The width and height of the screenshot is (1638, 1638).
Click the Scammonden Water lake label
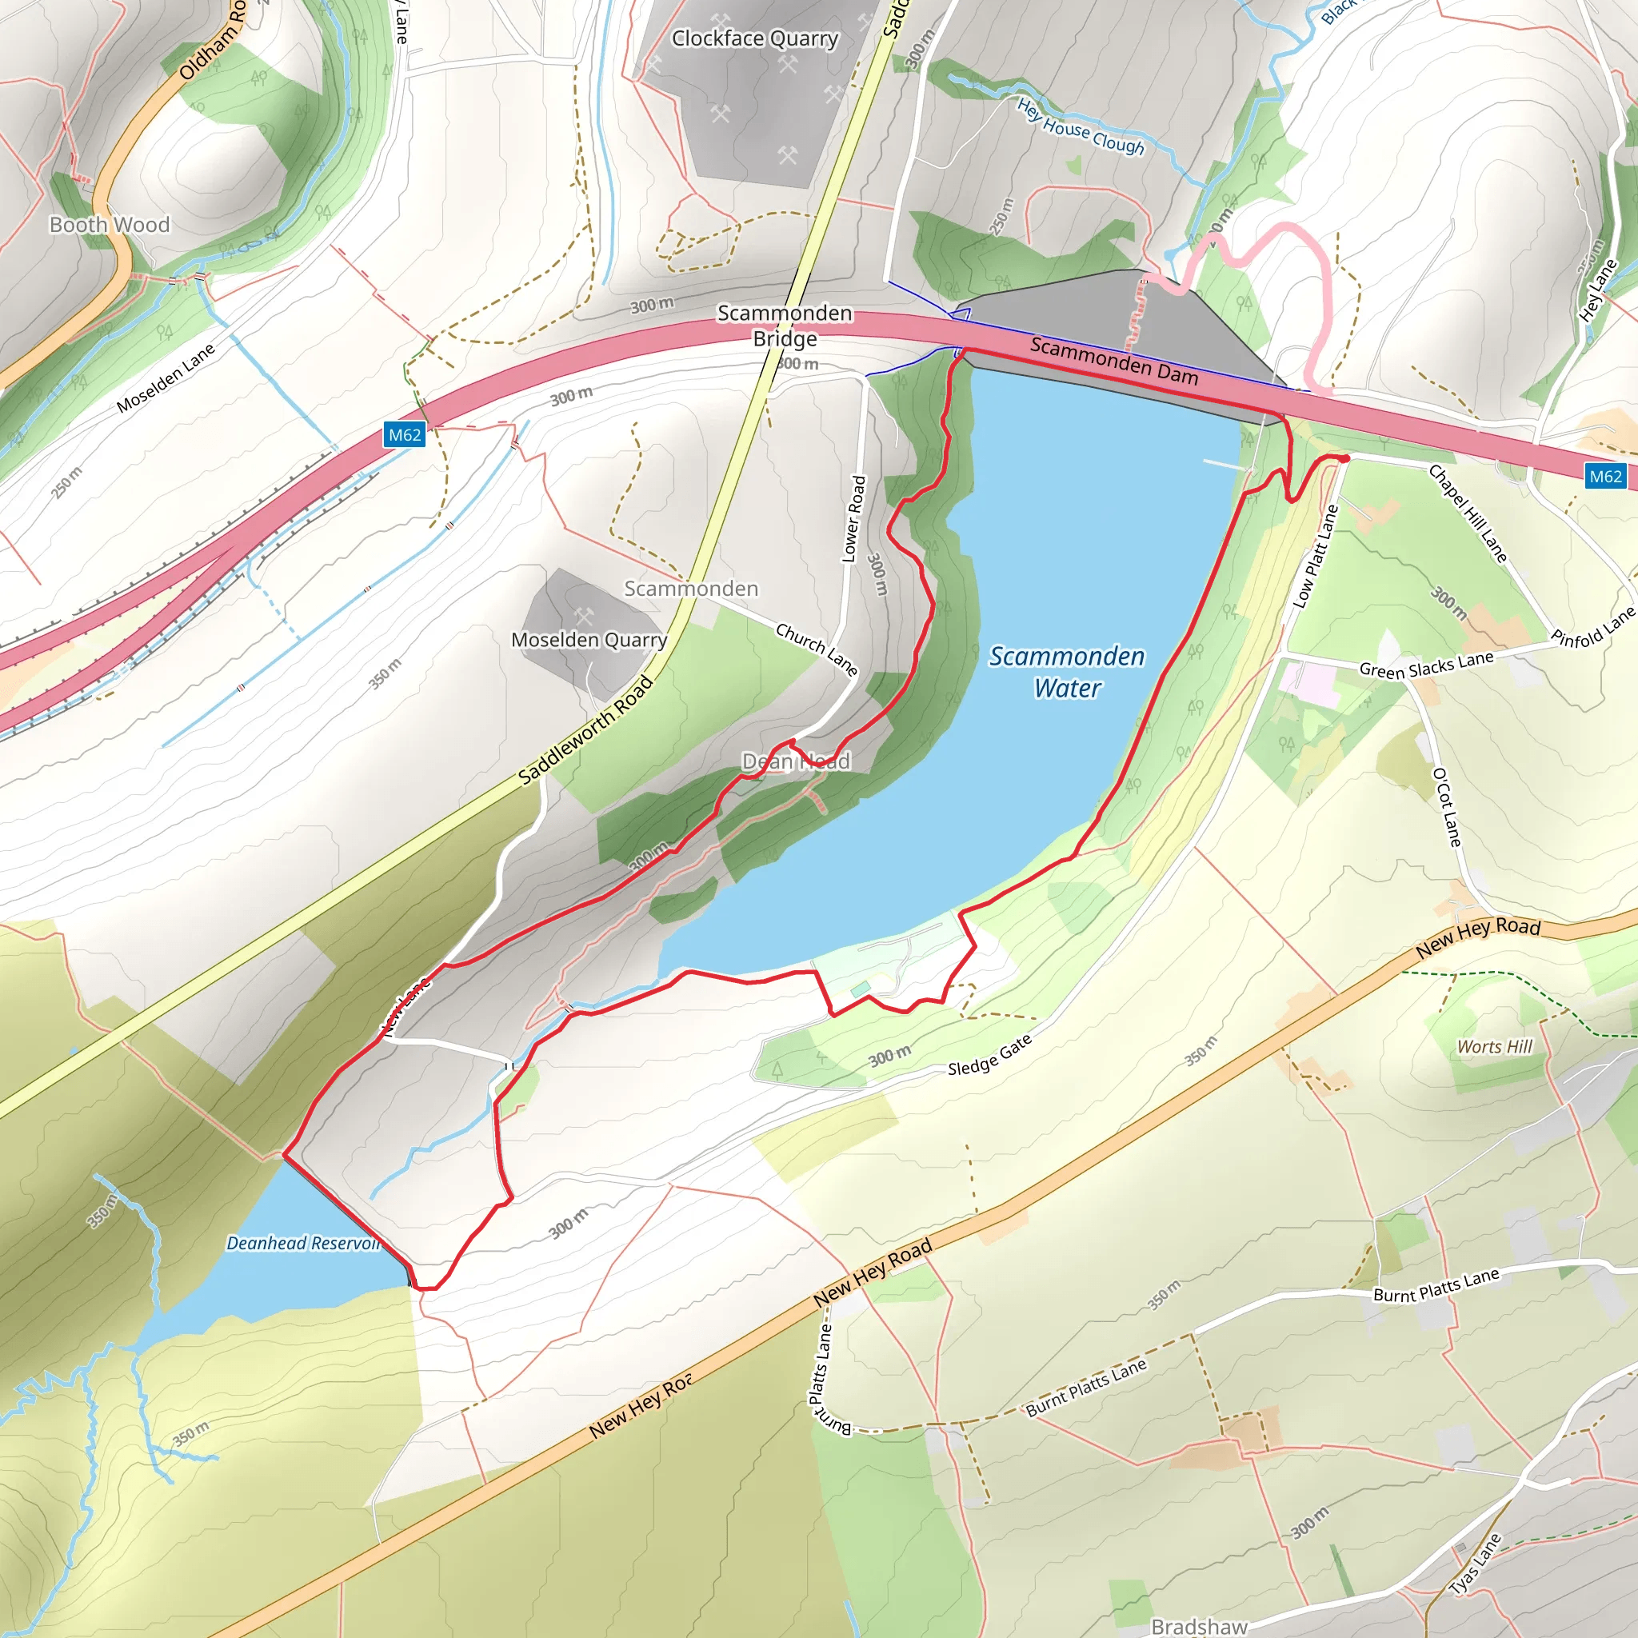point(1067,672)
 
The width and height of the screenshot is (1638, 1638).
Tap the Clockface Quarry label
point(754,39)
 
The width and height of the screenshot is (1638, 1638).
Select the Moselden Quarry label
point(589,640)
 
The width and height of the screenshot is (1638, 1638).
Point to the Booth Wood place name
point(110,225)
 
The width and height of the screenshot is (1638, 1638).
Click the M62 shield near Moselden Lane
point(405,435)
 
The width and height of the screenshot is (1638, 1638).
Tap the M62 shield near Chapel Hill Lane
point(1605,476)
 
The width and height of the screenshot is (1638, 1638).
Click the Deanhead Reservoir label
point(302,1243)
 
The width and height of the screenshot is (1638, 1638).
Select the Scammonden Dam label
point(1114,362)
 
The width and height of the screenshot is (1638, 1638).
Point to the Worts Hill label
point(1495,1047)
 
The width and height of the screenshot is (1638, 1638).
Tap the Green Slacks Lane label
point(1426,665)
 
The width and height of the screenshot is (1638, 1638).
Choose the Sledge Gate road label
point(989,1055)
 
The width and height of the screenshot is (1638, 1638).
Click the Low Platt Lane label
point(1314,556)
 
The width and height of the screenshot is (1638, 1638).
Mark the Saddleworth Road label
point(585,729)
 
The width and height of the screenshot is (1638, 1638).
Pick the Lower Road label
point(853,518)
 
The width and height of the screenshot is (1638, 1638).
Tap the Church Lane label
point(817,649)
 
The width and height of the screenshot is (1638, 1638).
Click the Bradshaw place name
point(1199,1626)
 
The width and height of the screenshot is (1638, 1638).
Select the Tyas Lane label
point(1476,1564)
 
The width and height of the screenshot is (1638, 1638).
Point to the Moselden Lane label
point(166,378)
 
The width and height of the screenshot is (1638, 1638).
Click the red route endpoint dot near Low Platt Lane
point(1344,458)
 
